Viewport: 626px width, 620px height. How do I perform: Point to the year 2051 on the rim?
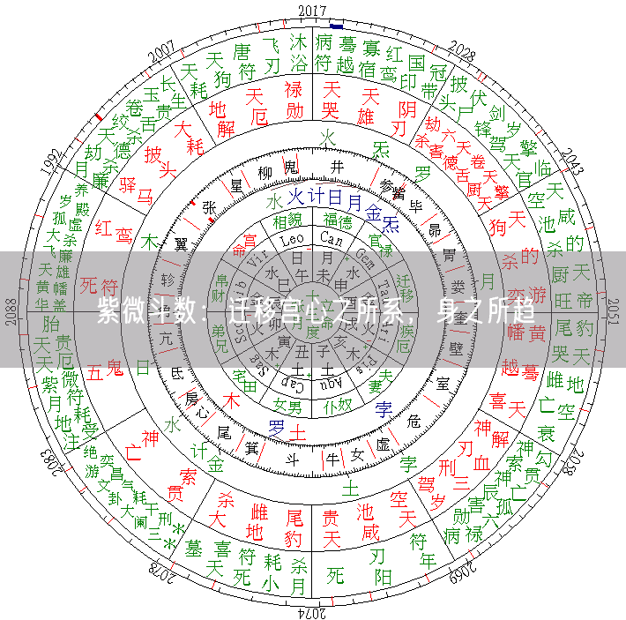click(x=614, y=310)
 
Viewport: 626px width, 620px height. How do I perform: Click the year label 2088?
click(x=11, y=311)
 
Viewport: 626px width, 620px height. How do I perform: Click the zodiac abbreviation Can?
click(x=332, y=240)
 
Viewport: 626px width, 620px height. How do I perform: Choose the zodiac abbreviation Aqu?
click(x=333, y=385)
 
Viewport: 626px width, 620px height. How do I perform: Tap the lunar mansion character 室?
click(x=443, y=383)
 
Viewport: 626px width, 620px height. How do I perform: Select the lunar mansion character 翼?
click(x=182, y=243)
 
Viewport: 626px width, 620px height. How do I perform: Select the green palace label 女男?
click(x=287, y=406)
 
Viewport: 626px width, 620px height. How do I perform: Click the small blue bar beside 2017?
click(x=337, y=26)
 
